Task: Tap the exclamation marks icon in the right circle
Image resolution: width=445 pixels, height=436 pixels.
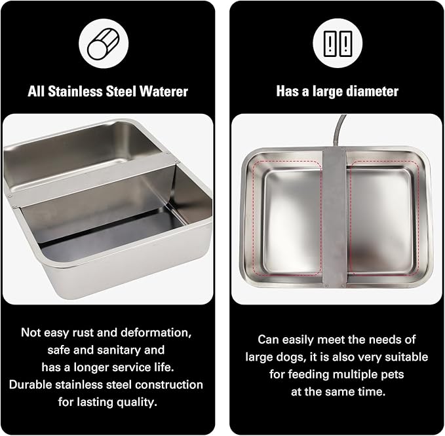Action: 338,44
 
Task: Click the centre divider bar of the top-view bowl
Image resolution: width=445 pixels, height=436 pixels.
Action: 335,216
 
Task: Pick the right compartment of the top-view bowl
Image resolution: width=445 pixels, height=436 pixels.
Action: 381,219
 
